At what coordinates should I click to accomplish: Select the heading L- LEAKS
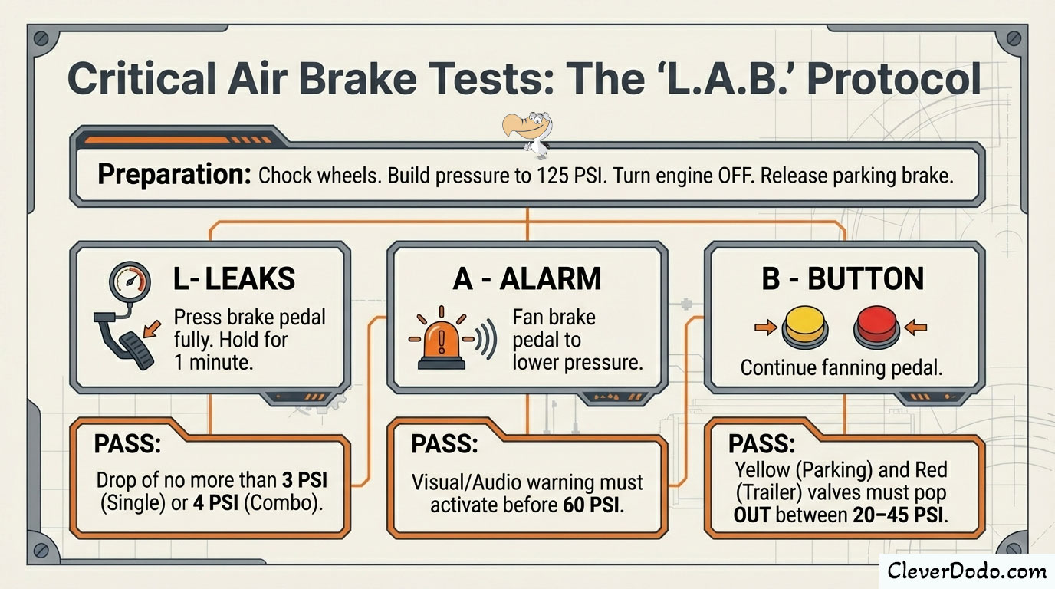click(x=234, y=279)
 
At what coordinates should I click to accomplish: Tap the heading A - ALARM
click(x=527, y=279)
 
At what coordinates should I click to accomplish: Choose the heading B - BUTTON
click(x=843, y=279)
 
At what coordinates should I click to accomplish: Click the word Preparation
click(x=175, y=176)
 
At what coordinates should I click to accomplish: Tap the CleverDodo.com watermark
click(x=966, y=571)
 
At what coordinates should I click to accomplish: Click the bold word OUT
click(x=751, y=515)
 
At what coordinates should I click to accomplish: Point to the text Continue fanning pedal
click(x=841, y=368)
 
